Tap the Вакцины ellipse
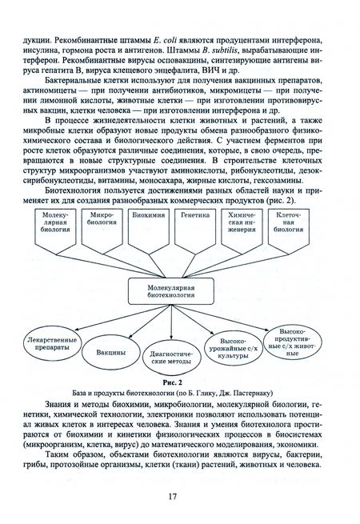coord(108,353)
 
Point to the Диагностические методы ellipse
coord(166,357)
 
